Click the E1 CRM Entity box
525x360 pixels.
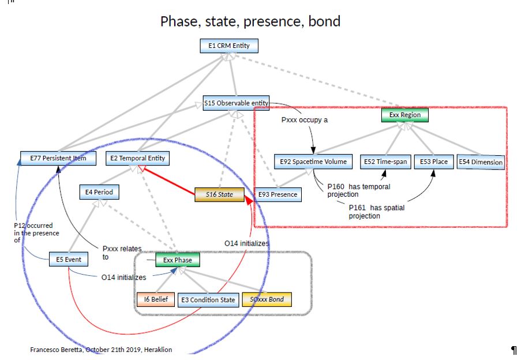[x=229, y=46]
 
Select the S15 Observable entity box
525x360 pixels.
[x=237, y=103]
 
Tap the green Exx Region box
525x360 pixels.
[x=405, y=115]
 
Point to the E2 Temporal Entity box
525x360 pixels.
[x=138, y=158]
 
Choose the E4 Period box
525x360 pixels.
[x=99, y=192]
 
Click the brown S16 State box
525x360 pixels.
[x=219, y=194]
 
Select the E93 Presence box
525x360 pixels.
[x=278, y=194]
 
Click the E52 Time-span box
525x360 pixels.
[x=384, y=162]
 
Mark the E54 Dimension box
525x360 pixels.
[x=480, y=162]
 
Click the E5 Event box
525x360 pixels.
[x=69, y=260]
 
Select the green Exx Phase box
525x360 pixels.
[x=177, y=260]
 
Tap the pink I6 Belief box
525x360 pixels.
[x=155, y=299]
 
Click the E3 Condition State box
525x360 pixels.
[x=208, y=300]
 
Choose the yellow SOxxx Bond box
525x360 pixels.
[x=267, y=299]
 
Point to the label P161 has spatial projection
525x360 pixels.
[x=376, y=211]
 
